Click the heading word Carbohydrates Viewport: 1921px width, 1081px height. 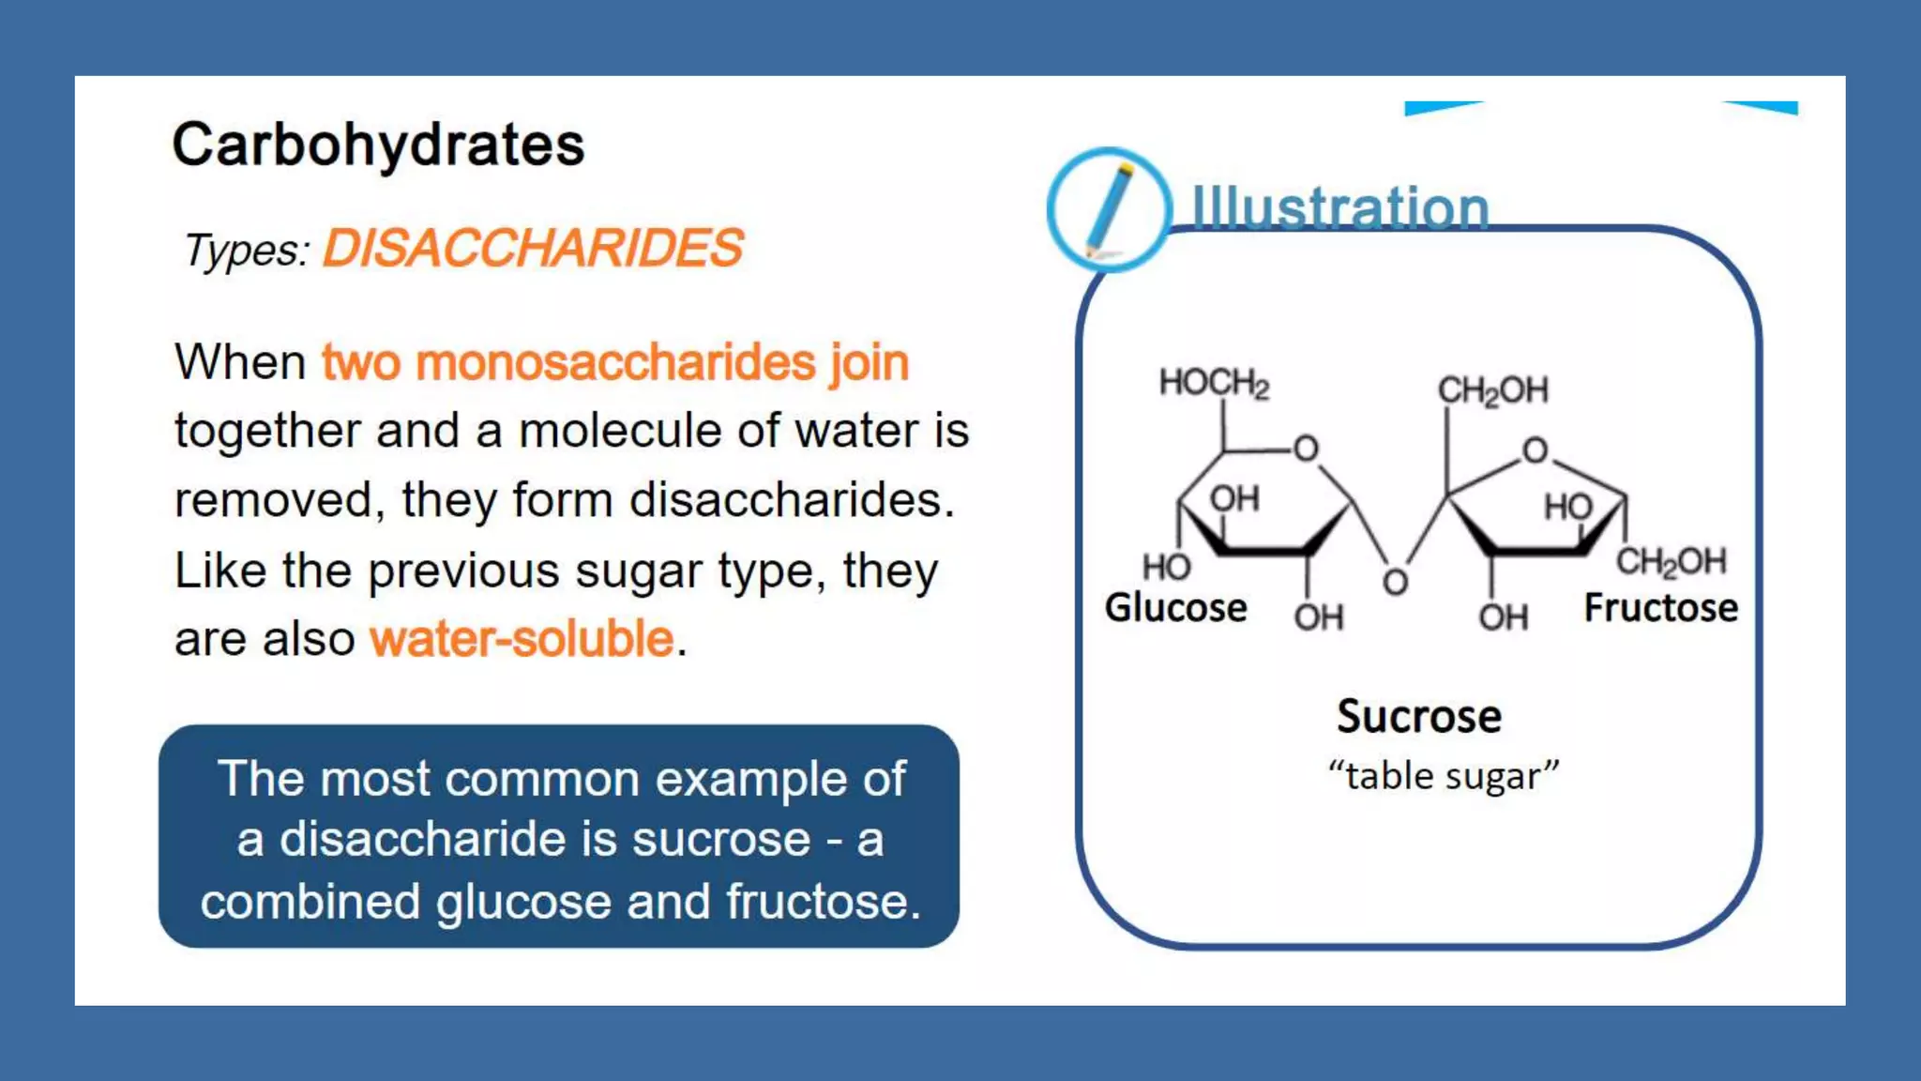[378, 145]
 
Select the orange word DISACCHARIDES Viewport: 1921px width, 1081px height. [532, 249]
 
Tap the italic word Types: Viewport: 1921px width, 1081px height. [246, 251]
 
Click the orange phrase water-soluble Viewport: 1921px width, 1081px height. [522, 639]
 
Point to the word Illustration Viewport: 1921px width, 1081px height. [1339, 207]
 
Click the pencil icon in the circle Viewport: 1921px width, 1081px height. [1109, 209]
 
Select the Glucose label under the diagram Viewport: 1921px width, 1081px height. [1175, 608]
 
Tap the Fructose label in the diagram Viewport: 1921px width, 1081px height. [1660, 608]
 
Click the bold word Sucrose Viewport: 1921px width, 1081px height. [1418, 717]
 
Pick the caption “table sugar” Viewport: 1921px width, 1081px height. [1443, 776]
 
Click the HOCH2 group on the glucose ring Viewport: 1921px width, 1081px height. [1214, 383]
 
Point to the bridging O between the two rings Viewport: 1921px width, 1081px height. [1395, 583]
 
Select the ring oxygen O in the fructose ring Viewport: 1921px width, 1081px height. [1535, 450]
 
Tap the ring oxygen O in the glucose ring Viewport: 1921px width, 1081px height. [1306, 449]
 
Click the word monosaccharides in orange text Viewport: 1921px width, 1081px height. [615, 363]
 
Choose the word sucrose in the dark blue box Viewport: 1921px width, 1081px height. [720, 839]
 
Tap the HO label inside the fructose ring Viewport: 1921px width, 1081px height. [1567, 508]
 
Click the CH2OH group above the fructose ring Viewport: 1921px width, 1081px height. [1492, 390]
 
